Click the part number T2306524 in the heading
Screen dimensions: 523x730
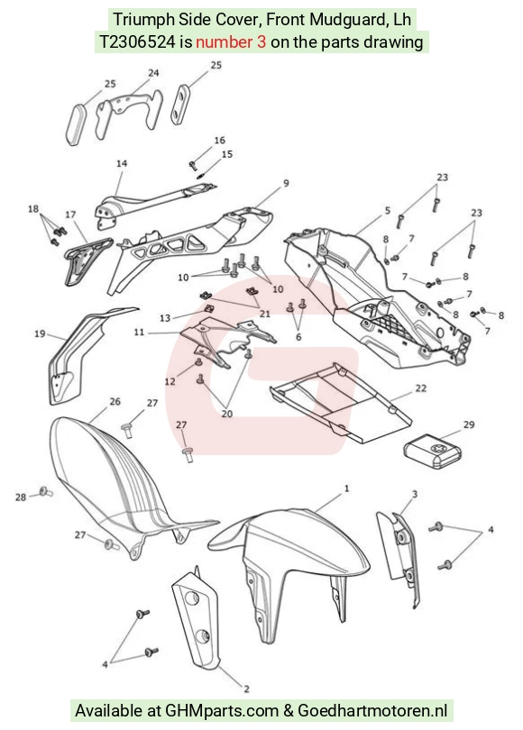point(138,42)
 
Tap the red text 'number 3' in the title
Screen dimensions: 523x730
point(231,42)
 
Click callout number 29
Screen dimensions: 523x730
point(469,424)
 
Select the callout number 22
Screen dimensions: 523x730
point(420,388)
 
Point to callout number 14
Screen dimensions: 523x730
point(122,163)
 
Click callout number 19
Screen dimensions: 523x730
point(40,333)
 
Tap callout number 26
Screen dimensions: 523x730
point(115,401)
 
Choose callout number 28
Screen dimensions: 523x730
point(21,497)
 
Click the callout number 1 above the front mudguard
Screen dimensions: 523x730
point(346,488)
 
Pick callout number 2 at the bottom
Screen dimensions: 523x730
point(246,689)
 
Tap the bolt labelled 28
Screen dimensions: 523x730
point(46,492)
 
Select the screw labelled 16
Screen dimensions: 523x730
point(193,164)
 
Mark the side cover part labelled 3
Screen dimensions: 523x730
point(399,558)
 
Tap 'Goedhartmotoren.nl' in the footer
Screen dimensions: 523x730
point(372,711)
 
